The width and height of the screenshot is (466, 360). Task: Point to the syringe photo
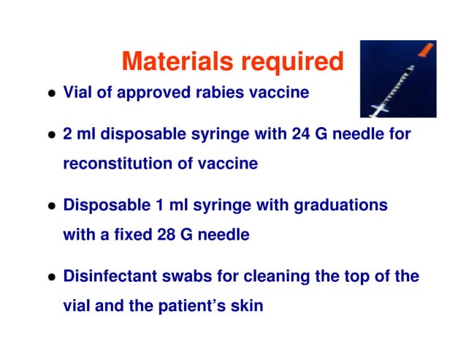(397, 79)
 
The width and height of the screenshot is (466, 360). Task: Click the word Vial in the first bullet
(77, 93)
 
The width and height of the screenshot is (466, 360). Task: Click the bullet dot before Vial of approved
(51, 95)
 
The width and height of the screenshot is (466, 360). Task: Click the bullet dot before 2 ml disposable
(51, 136)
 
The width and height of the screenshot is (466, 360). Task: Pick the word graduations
(340, 206)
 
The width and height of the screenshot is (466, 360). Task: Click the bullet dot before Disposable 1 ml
(51, 207)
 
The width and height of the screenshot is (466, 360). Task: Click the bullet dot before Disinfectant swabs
(51, 278)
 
